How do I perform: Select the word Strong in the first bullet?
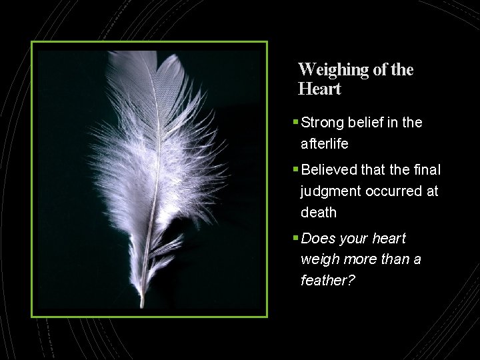[x=323, y=123]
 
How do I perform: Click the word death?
[x=318, y=213]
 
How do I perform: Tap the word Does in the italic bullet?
[x=317, y=239]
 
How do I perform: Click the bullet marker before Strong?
[x=295, y=123]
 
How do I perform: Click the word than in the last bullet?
[x=391, y=259]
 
